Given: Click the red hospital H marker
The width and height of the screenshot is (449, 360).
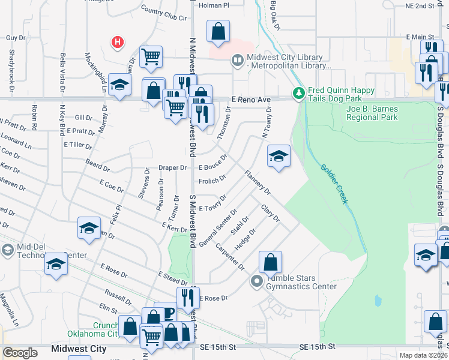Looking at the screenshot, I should click(x=118, y=42).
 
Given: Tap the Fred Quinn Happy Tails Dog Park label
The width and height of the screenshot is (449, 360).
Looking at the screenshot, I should click(x=341, y=94).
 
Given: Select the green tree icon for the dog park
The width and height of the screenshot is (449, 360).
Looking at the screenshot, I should click(x=298, y=94).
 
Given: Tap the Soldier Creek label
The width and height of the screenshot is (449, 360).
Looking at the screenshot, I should click(x=334, y=184).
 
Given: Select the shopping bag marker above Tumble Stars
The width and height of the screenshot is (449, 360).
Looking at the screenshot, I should click(x=271, y=262).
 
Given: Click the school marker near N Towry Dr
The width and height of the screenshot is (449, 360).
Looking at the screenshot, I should click(x=279, y=157).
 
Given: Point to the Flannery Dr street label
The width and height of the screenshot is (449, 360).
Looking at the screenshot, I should click(x=258, y=182).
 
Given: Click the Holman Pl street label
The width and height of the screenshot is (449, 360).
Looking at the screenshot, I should click(x=214, y=5).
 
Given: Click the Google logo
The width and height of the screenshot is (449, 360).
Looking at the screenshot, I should click(x=20, y=353).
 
